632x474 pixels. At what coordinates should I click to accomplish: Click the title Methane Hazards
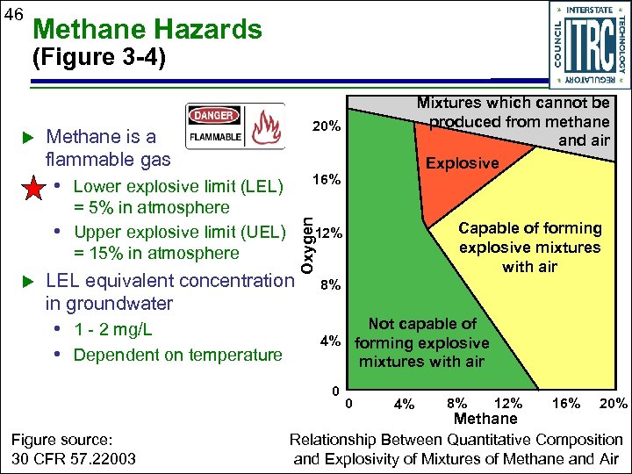[147, 30]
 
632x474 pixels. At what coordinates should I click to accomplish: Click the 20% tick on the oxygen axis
[327, 127]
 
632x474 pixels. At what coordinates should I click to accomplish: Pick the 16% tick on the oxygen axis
[327, 180]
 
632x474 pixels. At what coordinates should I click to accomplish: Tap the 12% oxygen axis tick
[334, 233]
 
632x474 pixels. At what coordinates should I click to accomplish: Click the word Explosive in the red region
[462, 163]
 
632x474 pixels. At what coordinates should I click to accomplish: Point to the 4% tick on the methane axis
[405, 405]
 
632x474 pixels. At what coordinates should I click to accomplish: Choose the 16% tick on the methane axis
[564, 404]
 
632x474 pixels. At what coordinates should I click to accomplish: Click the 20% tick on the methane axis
[613, 404]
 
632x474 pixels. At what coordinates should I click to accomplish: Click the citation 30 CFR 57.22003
[68, 459]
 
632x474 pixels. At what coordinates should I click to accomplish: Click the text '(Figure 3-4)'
[97, 60]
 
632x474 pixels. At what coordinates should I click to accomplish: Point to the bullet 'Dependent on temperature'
[177, 355]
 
